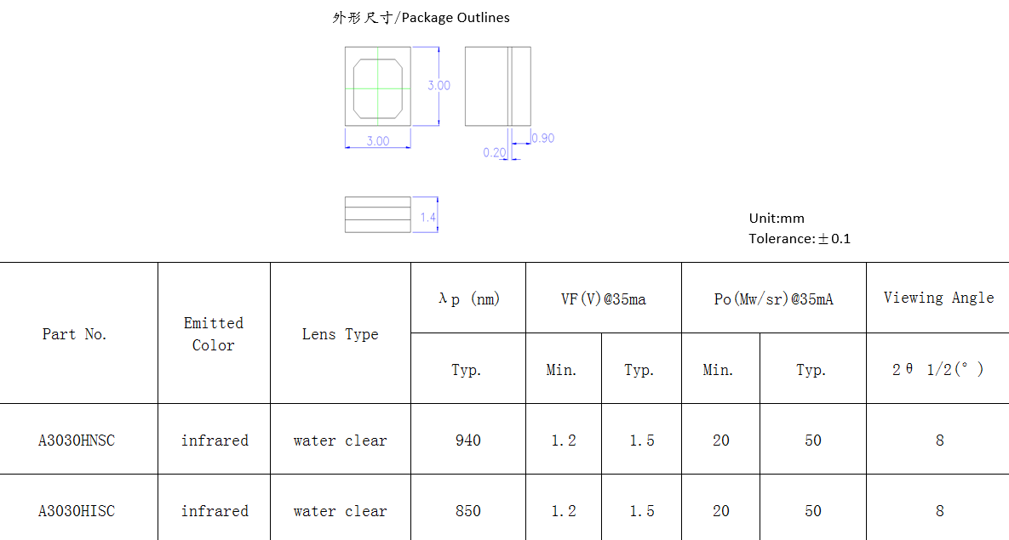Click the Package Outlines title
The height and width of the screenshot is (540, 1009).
421,17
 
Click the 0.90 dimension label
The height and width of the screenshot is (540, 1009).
543,139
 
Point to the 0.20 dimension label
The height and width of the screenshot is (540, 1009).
495,152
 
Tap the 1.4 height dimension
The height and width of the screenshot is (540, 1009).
428,218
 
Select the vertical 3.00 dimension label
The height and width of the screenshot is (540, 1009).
439,86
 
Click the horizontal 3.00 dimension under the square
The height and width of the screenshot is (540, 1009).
378,141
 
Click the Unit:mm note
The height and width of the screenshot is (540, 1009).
777,219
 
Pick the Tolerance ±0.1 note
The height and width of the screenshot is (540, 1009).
800,239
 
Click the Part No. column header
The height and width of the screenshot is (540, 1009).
75,333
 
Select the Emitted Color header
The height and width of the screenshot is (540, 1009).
214,333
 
